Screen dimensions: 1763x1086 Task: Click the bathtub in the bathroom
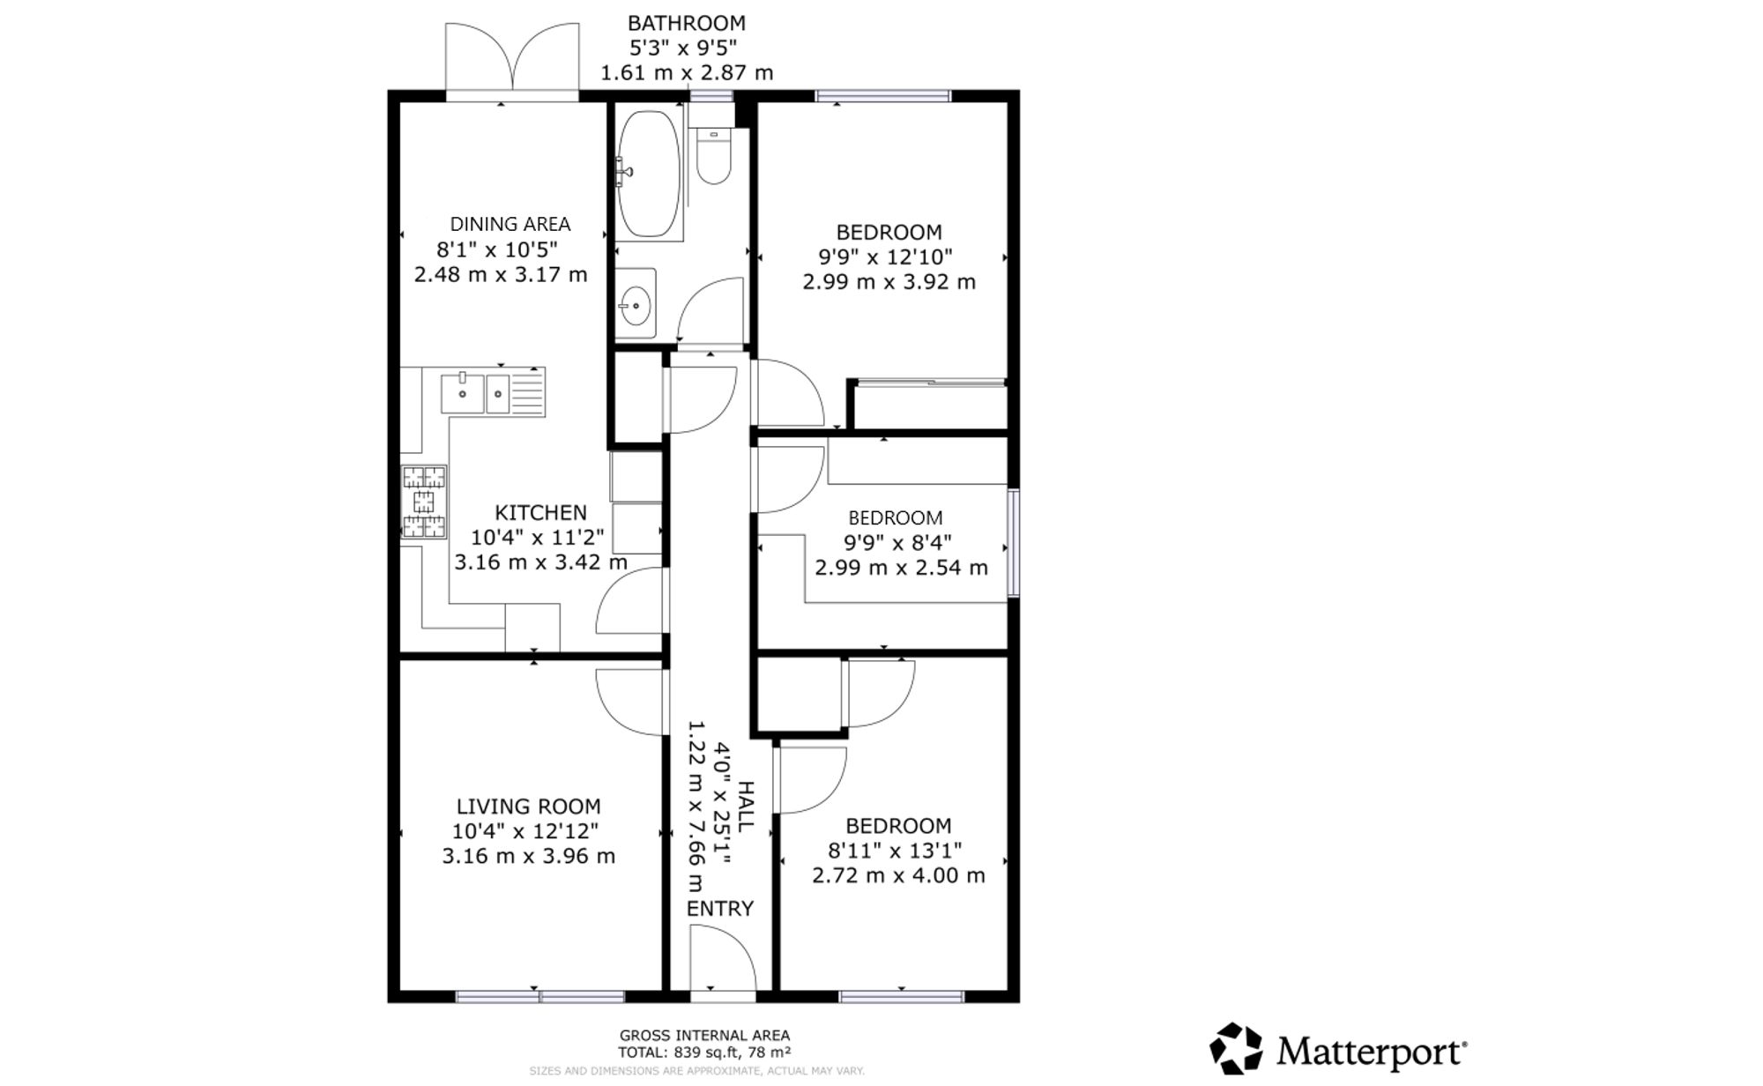pyautogui.click(x=649, y=173)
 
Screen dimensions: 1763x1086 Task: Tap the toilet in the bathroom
pyautogui.click(x=713, y=156)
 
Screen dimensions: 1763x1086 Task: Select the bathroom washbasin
pyautogui.click(x=635, y=304)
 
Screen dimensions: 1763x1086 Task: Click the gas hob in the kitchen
pyautogui.click(x=424, y=502)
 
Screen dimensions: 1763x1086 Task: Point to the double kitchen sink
pyautogui.click(x=493, y=391)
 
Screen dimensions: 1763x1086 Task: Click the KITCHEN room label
pyautogui.click(x=540, y=512)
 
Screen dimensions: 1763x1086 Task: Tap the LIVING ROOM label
pyautogui.click(x=529, y=806)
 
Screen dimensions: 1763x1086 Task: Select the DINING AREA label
pyautogui.click(x=510, y=224)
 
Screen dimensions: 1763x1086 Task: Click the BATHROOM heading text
pyautogui.click(x=687, y=23)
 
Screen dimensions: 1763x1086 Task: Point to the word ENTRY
pyautogui.click(x=720, y=908)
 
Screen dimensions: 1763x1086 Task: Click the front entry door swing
pyautogui.click(x=723, y=963)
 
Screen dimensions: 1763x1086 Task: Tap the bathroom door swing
pyautogui.click(x=710, y=310)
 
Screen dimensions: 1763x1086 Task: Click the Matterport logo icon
pyautogui.click(x=1235, y=1049)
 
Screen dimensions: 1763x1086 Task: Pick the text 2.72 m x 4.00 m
pyautogui.click(x=898, y=875)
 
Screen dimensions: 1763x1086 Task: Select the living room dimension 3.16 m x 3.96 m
pyautogui.click(x=529, y=856)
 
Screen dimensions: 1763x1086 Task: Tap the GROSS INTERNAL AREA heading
pyautogui.click(x=704, y=1036)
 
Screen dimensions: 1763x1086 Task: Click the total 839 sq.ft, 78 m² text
pyautogui.click(x=704, y=1052)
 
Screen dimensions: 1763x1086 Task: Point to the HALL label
pyautogui.click(x=745, y=807)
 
